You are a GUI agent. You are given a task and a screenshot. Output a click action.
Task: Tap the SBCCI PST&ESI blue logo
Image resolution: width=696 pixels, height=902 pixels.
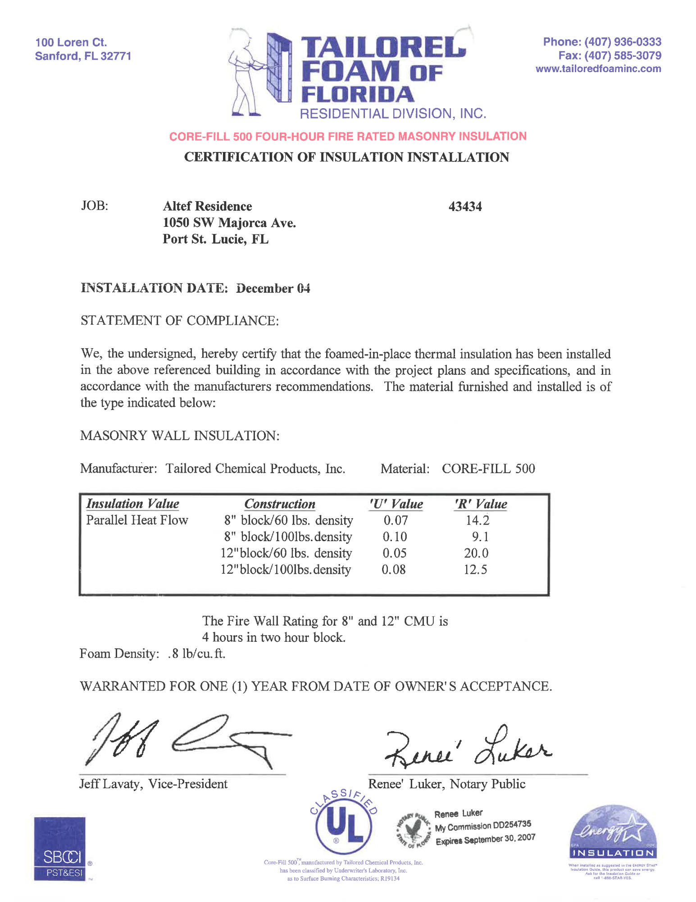tap(60, 849)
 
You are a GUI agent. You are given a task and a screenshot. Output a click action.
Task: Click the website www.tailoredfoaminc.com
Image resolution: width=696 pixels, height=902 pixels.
tap(598, 69)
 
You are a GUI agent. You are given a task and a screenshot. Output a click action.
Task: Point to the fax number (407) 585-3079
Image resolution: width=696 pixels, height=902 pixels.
tap(623, 55)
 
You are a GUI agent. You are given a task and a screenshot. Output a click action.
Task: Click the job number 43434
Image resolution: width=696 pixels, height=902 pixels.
tap(465, 207)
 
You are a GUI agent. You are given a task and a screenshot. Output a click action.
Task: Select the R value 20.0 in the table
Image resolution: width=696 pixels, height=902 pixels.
tap(476, 553)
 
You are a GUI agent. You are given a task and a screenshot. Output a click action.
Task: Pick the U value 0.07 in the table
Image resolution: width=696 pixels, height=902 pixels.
tap(396, 520)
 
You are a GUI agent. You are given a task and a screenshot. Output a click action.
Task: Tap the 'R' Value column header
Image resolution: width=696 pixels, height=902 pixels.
tap(481, 504)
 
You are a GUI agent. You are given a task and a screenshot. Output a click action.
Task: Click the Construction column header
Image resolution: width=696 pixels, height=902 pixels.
tap(280, 504)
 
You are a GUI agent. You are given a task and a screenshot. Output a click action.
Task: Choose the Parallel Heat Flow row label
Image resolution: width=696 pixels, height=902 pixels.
tap(137, 520)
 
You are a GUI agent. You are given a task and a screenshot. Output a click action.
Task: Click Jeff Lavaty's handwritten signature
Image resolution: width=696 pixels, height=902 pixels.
tap(180, 740)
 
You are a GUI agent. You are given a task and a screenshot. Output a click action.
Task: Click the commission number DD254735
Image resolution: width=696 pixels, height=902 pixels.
tap(512, 825)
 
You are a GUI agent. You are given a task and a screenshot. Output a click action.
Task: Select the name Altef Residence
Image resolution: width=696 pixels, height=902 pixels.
tap(207, 206)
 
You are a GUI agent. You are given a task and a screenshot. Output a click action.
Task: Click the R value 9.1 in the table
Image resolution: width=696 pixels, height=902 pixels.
tap(480, 537)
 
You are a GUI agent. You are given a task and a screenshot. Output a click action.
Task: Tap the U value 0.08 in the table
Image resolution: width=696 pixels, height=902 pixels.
tap(394, 569)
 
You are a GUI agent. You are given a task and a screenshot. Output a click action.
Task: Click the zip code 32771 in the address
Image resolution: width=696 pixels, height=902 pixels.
tap(116, 56)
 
